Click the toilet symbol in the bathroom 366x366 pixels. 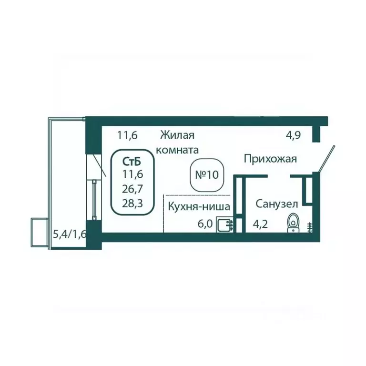coord(293,223)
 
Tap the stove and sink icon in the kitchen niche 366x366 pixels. coord(225,224)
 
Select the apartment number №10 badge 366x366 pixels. coord(207,175)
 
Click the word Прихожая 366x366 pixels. coord(270,159)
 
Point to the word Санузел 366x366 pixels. coord(277,204)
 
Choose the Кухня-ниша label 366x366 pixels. coord(199,206)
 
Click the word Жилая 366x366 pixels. coord(177,135)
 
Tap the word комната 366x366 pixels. coord(177,150)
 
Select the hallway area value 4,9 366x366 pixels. coord(294,135)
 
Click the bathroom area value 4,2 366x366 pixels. coord(261,224)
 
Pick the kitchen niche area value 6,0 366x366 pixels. coord(205,224)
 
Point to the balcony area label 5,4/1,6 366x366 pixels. coord(70,234)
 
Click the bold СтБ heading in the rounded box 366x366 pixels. coord(132,161)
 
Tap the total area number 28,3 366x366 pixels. coord(132,203)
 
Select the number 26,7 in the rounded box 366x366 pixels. coord(132,189)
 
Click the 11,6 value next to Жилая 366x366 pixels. coord(127,135)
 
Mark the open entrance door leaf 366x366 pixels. coord(327,159)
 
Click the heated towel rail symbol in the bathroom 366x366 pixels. coord(309,227)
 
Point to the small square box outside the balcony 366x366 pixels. coord(40,232)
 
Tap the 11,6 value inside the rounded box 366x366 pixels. coord(132,174)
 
